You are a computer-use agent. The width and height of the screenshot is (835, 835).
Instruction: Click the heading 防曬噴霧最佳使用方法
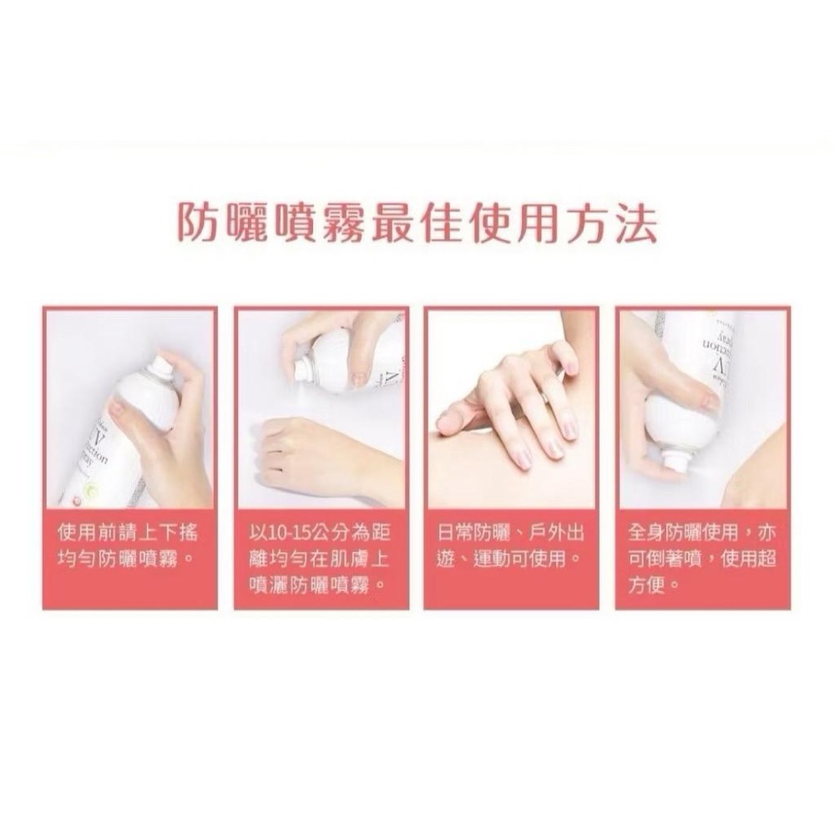(x=417, y=224)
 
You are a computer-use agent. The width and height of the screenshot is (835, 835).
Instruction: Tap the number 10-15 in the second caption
(x=292, y=532)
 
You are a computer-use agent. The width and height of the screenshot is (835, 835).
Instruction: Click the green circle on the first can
(x=89, y=492)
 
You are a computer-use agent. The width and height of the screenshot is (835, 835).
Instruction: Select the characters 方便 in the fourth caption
(x=648, y=584)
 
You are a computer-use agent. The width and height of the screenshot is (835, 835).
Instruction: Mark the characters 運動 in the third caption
(x=493, y=557)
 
